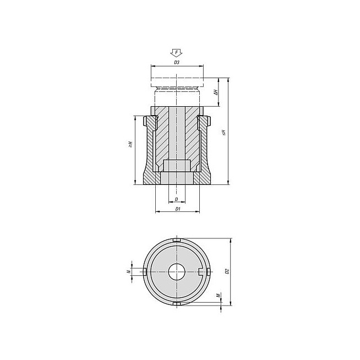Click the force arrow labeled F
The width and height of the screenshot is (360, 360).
tap(176, 53)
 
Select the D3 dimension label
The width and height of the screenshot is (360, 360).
tap(177, 62)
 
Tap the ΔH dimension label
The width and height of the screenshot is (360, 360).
tap(215, 92)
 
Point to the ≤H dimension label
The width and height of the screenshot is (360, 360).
tap(224, 133)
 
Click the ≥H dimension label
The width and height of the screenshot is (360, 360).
tap(130, 144)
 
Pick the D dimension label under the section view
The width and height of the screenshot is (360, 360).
tap(177, 199)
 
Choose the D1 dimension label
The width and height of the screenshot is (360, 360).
tap(178, 209)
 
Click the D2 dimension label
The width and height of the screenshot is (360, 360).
tap(227, 271)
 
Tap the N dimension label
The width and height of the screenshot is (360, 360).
tap(129, 271)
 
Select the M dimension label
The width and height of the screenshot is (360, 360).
tap(219, 295)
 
